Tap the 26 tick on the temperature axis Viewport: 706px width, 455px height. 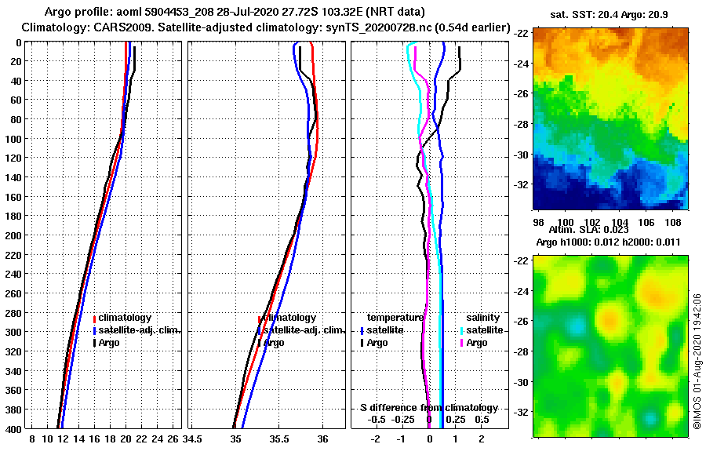(x=173, y=439)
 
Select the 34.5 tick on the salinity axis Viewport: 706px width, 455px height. (x=192, y=439)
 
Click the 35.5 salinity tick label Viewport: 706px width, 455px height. (x=278, y=439)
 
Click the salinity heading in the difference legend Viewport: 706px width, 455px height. (x=482, y=318)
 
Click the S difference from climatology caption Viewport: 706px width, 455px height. (x=428, y=408)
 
